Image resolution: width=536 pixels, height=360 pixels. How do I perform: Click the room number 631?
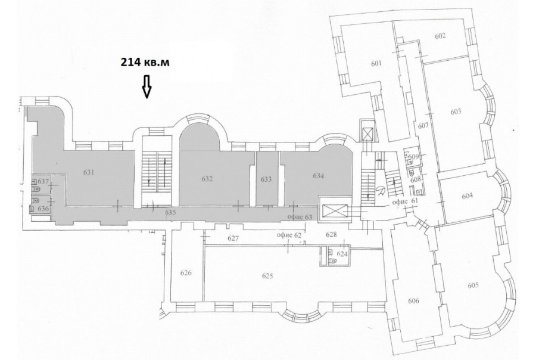pos(89,172)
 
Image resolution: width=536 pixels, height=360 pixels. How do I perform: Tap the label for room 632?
pos(207,179)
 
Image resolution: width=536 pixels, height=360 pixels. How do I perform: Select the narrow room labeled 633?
pos(266,179)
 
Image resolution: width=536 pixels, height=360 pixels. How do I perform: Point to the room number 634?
pos(318,176)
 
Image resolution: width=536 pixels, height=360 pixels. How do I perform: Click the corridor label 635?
pos(170,213)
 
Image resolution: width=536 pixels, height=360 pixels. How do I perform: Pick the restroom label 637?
pos(43,181)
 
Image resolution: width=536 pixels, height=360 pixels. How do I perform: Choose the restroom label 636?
pos(43,209)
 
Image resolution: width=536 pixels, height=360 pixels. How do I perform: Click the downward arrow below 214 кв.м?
pos(147,87)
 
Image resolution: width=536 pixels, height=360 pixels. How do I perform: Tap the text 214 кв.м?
pos(145,62)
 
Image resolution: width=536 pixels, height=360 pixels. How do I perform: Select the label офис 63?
pos(300,216)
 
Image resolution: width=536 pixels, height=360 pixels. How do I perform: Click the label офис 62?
pos(289,235)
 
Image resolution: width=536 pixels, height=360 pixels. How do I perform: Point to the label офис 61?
pos(406,201)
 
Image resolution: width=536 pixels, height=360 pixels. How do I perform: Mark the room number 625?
pos(267,276)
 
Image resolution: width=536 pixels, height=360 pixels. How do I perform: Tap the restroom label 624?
pos(342,253)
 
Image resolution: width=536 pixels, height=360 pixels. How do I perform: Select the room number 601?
pos(376,63)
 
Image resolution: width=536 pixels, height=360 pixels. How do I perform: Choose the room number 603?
pos(456,111)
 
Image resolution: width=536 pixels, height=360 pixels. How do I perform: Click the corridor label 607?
pos(423,126)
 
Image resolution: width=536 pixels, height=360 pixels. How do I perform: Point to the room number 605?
pos(473,285)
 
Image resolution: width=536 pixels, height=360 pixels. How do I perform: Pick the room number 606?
pos(414,301)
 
